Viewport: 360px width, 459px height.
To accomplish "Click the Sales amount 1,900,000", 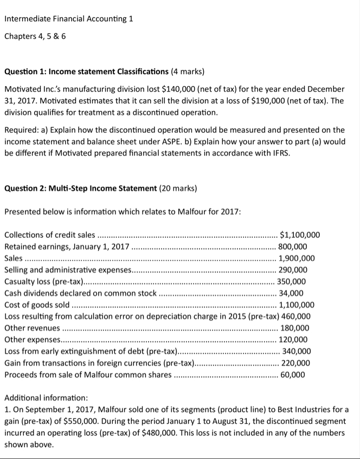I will [x=296, y=258].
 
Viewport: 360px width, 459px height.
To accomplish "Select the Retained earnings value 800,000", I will [x=293, y=247].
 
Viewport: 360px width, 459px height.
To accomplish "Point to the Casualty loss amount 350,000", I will [x=292, y=281].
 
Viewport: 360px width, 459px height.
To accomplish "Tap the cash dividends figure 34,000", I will [x=291, y=293].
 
